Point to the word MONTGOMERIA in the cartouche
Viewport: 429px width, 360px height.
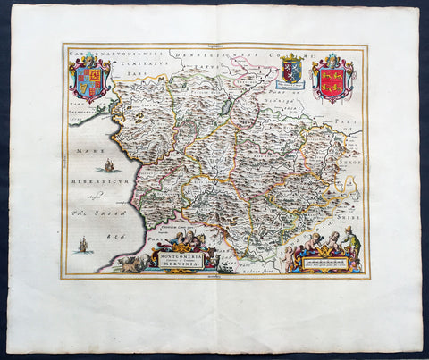pyautogui.click(x=181, y=254)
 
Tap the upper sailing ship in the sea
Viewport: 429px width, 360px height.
pyautogui.click(x=108, y=164)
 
